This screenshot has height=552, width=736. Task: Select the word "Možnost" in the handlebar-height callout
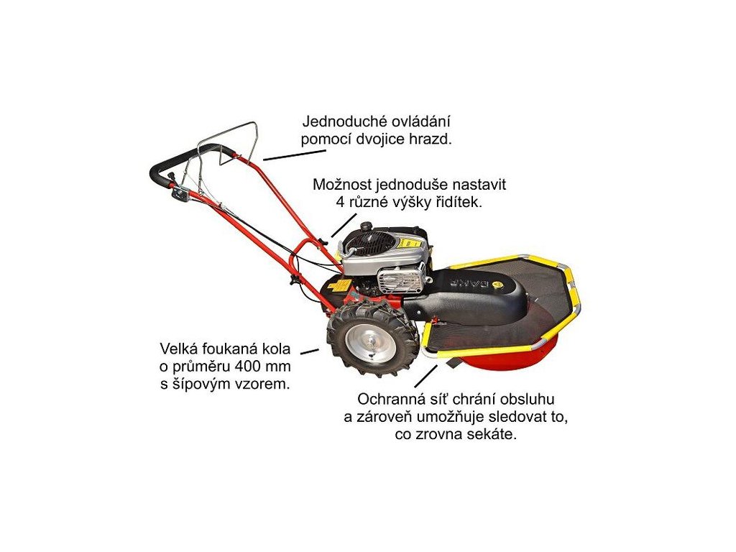[x=339, y=185]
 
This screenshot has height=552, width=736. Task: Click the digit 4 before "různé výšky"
[x=341, y=203]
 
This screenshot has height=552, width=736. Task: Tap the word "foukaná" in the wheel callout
[x=226, y=350]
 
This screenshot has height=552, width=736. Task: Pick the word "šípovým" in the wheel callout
[x=196, y=384]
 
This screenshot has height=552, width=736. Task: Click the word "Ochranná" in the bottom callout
[x=387, y=400]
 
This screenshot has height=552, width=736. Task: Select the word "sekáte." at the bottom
[x=493, y=436]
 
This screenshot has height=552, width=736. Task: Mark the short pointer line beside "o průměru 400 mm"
[x=309, y=351]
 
